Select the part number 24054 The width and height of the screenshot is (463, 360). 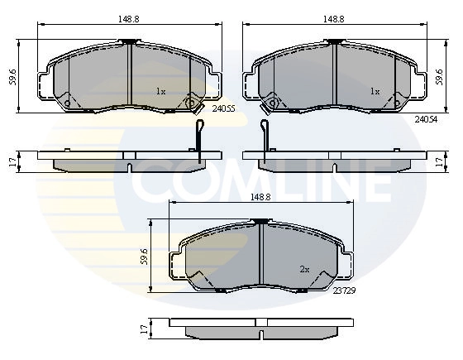pos(426,119)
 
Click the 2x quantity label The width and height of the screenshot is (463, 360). pos(304,270)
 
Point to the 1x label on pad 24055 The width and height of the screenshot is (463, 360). pos(161,91)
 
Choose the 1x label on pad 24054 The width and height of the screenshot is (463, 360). pos(375,91)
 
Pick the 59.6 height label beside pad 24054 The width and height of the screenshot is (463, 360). pos(438,77)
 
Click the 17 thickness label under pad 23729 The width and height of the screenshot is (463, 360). pos(144,329)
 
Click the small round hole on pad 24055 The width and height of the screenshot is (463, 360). pos(193,103)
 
